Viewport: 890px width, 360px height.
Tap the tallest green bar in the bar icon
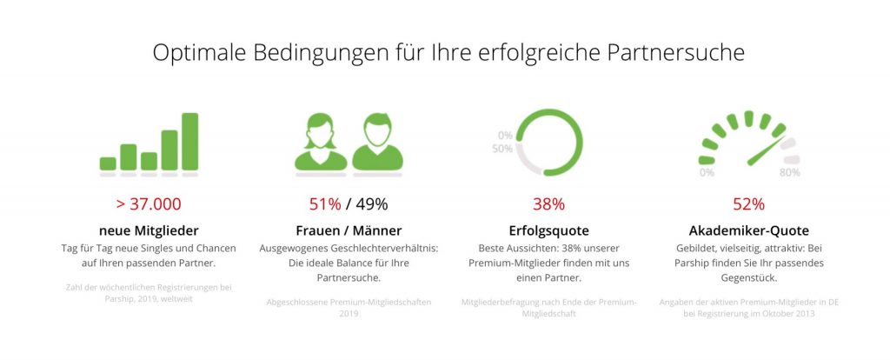189,141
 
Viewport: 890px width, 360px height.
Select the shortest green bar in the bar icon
108,163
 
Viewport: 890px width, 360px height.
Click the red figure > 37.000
149,204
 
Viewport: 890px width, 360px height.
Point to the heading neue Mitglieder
149,230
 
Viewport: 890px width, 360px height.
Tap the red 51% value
325,204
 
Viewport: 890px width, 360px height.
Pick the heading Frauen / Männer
349,230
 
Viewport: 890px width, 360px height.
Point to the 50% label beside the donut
502,149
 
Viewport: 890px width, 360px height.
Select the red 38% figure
548,204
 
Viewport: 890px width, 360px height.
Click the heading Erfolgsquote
548,230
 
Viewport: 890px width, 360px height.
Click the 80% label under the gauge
789,172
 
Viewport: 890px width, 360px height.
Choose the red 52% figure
748,204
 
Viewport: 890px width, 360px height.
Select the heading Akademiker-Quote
748,230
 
